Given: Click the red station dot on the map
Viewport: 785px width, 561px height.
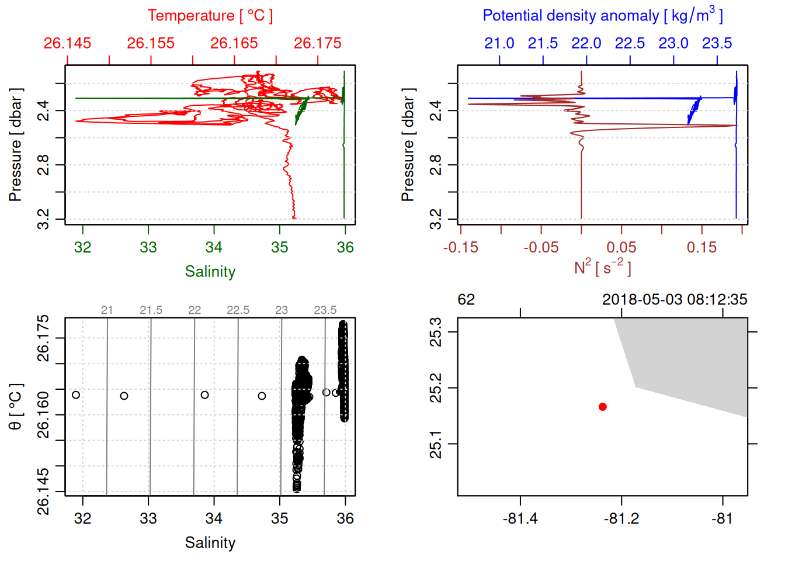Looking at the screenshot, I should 602,407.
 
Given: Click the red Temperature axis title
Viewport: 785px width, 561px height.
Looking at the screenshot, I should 210,16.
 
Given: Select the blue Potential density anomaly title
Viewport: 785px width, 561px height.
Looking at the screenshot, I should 602,15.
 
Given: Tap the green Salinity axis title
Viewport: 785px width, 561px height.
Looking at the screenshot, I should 210,271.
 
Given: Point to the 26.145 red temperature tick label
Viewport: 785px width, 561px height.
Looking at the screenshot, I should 67,43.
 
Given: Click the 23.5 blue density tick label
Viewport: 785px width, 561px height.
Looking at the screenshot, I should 717,43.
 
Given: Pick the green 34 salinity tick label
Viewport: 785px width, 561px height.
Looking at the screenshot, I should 214,247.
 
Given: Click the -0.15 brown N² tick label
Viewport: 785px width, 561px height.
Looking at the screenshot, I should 460,247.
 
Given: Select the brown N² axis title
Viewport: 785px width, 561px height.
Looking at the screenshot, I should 602,267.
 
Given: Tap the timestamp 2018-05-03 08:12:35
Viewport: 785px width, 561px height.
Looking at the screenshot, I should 674,300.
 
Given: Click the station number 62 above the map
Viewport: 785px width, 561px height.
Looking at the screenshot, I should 466,300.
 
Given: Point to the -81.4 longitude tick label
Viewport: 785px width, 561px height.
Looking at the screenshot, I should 520,518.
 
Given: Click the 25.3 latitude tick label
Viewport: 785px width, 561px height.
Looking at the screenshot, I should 436,332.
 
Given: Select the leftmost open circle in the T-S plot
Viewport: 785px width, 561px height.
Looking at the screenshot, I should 76,395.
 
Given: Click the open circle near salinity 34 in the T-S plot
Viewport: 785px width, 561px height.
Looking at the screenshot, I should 204,395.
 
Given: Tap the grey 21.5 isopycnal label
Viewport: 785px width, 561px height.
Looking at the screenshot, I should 151,310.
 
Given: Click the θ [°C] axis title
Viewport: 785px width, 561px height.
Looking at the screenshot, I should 16,406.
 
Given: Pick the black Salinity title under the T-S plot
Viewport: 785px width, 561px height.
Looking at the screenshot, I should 210,542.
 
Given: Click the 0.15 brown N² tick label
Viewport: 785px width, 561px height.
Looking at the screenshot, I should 701,247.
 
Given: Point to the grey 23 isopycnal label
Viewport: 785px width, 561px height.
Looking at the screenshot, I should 282,310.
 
